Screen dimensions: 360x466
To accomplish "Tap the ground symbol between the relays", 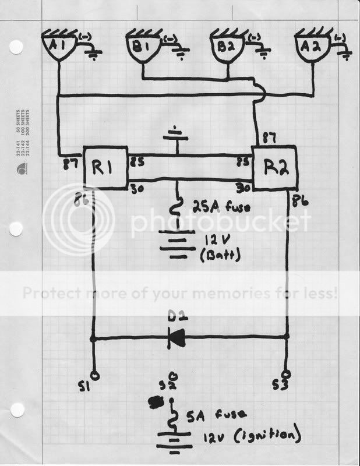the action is pyautogui.click(x=175, y=135).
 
